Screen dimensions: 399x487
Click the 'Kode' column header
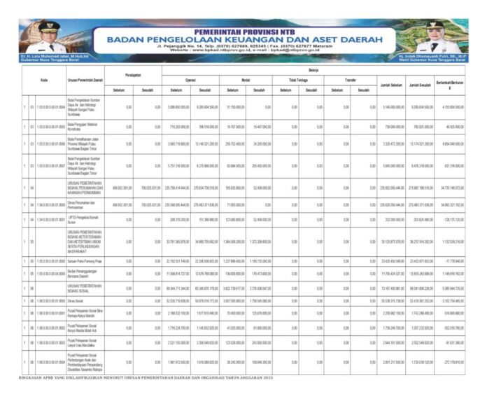44,79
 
